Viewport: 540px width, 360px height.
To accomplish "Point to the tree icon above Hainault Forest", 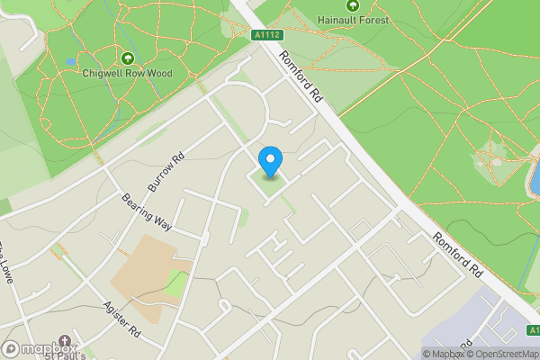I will pyautogui.click(x=354, y=5).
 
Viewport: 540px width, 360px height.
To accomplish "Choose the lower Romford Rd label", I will pyautogui.click(x=457, y=254).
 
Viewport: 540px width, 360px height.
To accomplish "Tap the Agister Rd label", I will pyautogui.click(x=122, y=319).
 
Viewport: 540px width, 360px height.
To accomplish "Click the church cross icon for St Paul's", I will pyautogui.click(x=63, y=342).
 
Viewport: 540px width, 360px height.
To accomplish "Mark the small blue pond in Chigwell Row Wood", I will pyautogui.click(x=70, y=62).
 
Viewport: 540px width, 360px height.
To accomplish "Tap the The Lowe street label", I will pyautogui.click(x=7, y=261).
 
